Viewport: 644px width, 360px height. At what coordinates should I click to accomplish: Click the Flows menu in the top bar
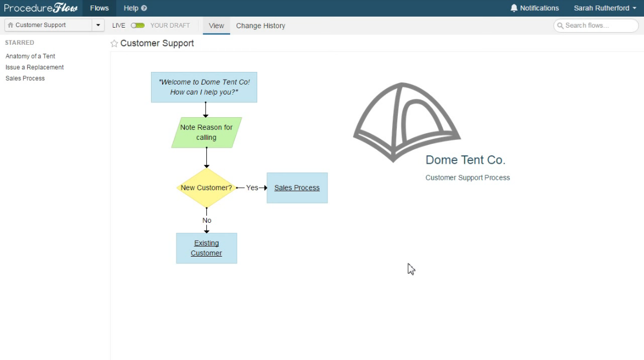tap(100, 8)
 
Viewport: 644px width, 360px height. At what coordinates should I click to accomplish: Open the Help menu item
tap(135, 8)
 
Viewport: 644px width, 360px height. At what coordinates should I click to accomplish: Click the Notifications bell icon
tap(514, 8)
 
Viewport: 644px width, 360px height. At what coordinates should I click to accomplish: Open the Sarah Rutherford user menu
tap(605, 8)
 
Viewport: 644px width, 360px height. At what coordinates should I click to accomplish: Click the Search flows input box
tap(596, 25)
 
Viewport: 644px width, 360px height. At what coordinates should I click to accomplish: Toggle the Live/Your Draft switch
tap(138, 25)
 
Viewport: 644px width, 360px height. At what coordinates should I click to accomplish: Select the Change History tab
tap(261, 25)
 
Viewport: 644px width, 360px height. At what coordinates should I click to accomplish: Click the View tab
tap(216, 25)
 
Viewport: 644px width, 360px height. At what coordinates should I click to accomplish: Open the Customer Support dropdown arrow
tap(98, 25)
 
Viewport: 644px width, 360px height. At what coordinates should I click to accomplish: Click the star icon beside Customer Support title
tap(114, 44)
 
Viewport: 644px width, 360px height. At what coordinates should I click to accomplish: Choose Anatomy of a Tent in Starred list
tap(30, 56)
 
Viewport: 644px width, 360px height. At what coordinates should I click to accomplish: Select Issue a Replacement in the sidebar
tap(34, 67)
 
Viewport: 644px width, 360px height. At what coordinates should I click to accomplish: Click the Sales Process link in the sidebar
tap(25, 79)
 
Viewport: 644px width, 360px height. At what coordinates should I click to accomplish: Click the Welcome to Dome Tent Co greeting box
tap(204, 87)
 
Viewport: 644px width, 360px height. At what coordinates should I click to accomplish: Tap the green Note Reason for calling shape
tap(206, 133)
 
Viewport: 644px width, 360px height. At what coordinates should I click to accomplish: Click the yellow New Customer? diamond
tap(206, 187)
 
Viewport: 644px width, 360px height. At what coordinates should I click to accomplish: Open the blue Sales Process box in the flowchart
tap(297, 187)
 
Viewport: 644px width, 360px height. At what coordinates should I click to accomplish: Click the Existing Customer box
tap(206, 248)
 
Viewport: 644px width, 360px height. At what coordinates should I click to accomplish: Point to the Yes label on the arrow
tap(252, 187)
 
